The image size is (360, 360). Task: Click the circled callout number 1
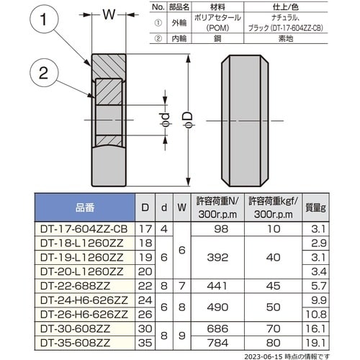coord(43,19)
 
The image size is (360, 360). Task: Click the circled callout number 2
coord(44,73)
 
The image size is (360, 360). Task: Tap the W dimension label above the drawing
coord(109,14)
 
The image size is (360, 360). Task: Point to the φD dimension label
coord(189,120)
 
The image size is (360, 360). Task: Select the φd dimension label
coord(166,120)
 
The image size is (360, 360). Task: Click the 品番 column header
coord(85,207)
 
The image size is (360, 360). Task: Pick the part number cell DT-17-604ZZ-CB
coord(84,229)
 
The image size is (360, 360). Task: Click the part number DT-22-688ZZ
coord(75,286)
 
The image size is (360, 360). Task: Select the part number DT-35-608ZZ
coord(75,343)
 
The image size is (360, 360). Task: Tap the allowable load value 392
coord(217,258)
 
